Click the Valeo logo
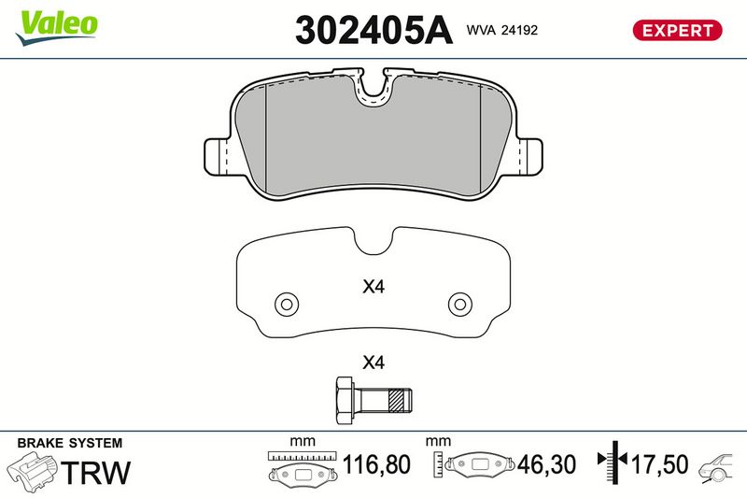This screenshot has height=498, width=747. pos(57,27)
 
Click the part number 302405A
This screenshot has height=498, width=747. pos(373,30)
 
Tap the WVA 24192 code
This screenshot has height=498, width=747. pos(502,30)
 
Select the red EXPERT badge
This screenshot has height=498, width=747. pos(677,31)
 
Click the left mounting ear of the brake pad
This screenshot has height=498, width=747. pos(217,156)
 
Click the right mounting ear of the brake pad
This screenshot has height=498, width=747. pos(529,156)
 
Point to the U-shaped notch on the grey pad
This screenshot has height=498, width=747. pos(373,89)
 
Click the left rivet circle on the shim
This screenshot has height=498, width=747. pos(287,304)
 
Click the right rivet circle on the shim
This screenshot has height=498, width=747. pos(460,304)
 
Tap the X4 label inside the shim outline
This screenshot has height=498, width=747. pos(373,287)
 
